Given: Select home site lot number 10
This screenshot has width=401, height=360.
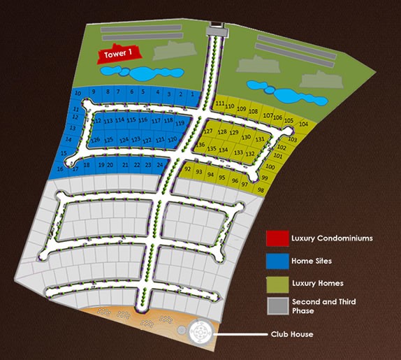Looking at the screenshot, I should tap(78, 93).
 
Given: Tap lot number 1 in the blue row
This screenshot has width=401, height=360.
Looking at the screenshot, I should tap(191, 94).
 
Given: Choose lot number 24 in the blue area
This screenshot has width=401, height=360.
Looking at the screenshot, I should tap(160, 165).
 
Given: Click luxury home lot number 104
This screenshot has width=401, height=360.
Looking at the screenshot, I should tap(302, 124).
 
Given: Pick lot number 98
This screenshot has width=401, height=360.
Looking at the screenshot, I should tap(260, 189).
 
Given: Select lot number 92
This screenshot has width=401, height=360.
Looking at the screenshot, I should tap(187, 169).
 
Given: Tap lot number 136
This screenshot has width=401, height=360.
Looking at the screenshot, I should tap(200, 145).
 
